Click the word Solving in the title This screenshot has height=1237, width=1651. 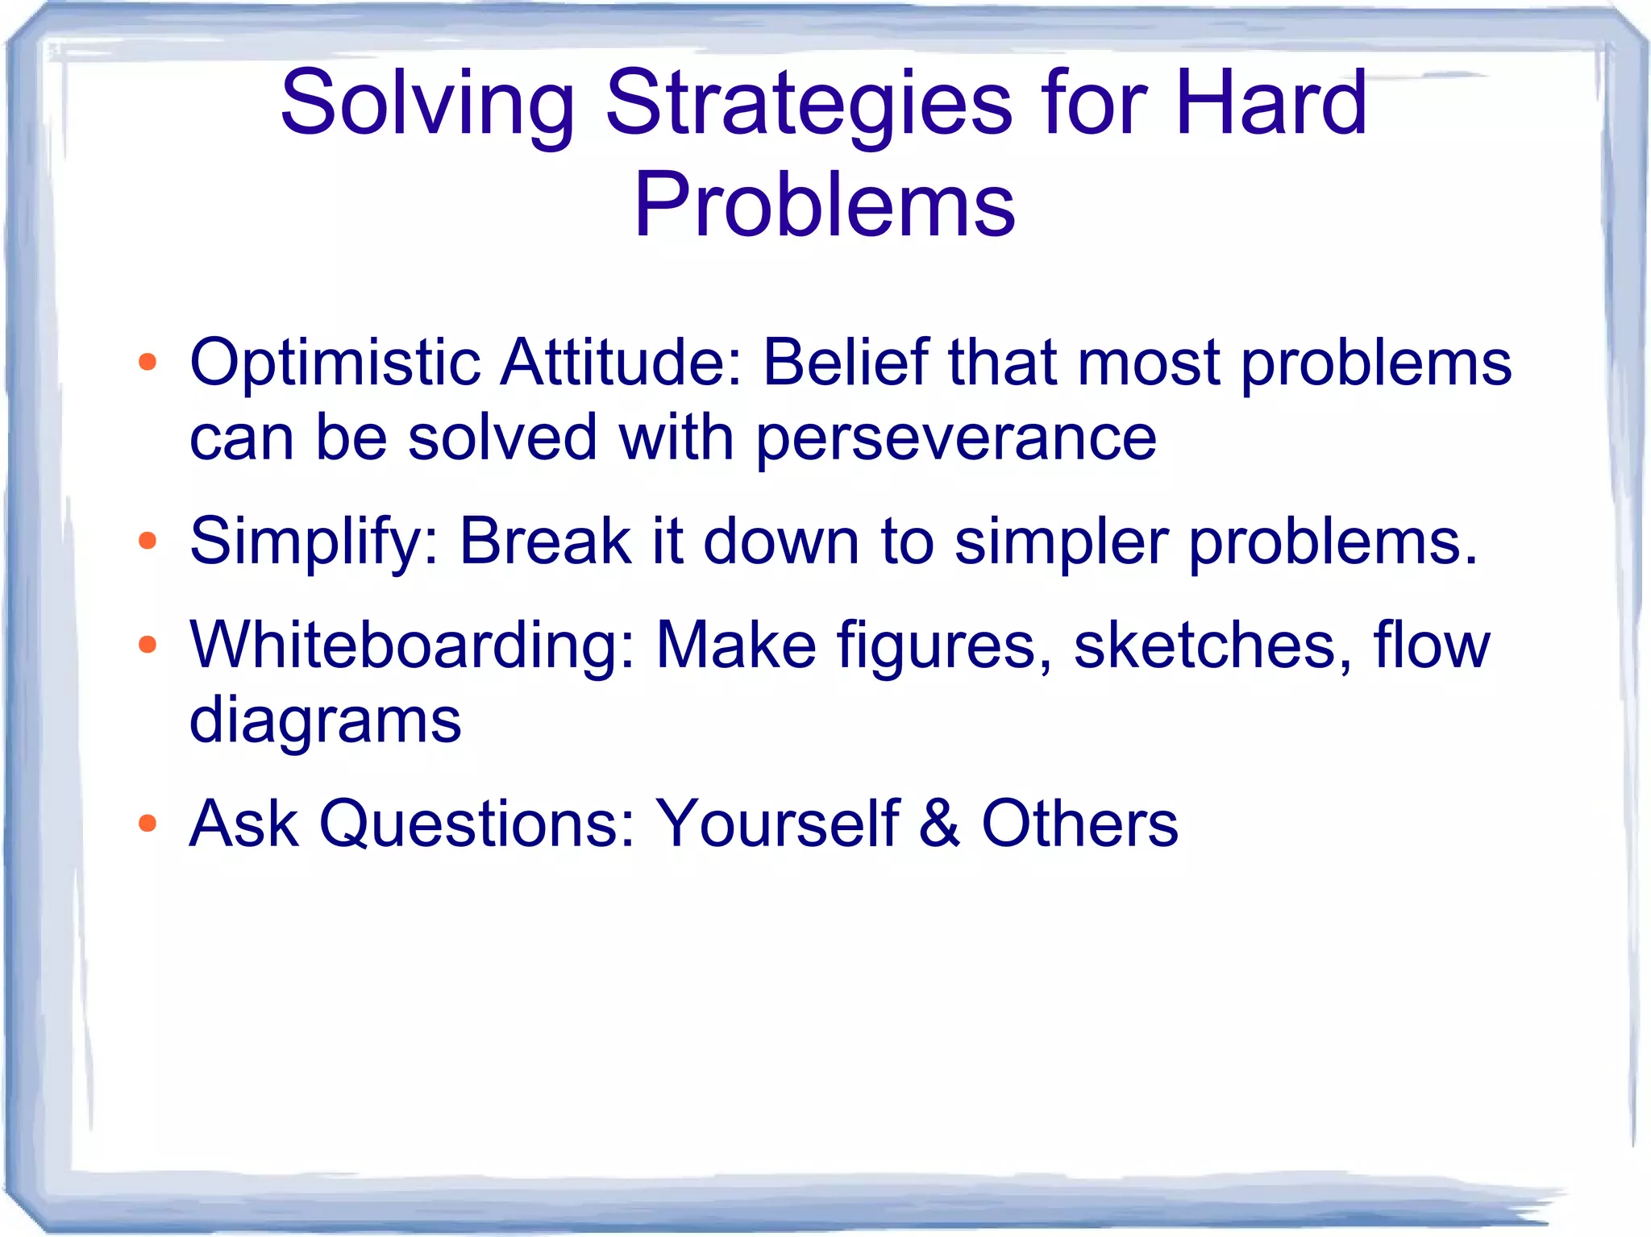427,105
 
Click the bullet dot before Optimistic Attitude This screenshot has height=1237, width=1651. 147,362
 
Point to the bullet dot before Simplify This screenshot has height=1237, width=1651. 147,541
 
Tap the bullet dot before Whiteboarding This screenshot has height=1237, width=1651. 147,645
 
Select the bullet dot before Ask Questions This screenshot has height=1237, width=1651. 147,823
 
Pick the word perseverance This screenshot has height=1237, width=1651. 956,438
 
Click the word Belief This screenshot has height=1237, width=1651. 844,363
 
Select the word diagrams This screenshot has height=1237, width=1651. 325,720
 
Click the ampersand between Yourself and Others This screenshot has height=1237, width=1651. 939,824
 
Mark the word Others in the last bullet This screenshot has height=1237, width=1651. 1079,824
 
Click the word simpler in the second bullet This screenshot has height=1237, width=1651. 1061,542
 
